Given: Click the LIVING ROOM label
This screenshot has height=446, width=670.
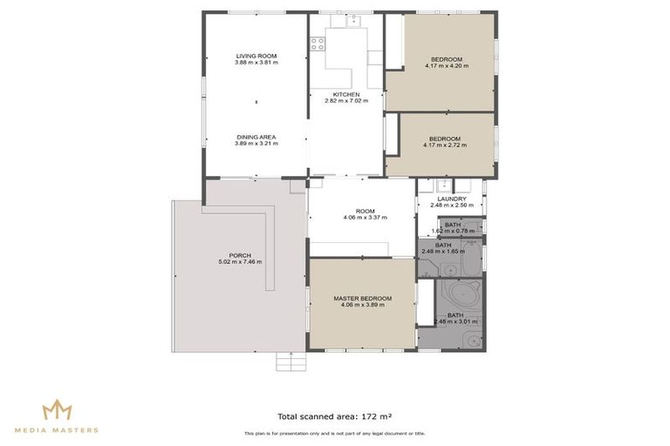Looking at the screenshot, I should (x=256, y=56).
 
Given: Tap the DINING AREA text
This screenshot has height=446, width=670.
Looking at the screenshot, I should (x=256, y=136).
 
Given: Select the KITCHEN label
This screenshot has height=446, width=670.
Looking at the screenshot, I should (x=346, y=94).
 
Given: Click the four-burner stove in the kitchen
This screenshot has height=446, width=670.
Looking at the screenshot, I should (x=316, y=43).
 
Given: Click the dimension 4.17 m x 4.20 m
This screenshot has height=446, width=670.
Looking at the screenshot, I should (x=445, y=65).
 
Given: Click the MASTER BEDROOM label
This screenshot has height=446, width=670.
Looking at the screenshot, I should (x=362, y=298).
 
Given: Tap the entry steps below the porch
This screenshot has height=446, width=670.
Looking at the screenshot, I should (x=289, y=362).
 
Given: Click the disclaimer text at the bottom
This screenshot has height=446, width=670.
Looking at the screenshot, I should (x=334, y=433).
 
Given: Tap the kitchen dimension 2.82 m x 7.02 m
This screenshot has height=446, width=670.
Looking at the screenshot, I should (x=346, y=101).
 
